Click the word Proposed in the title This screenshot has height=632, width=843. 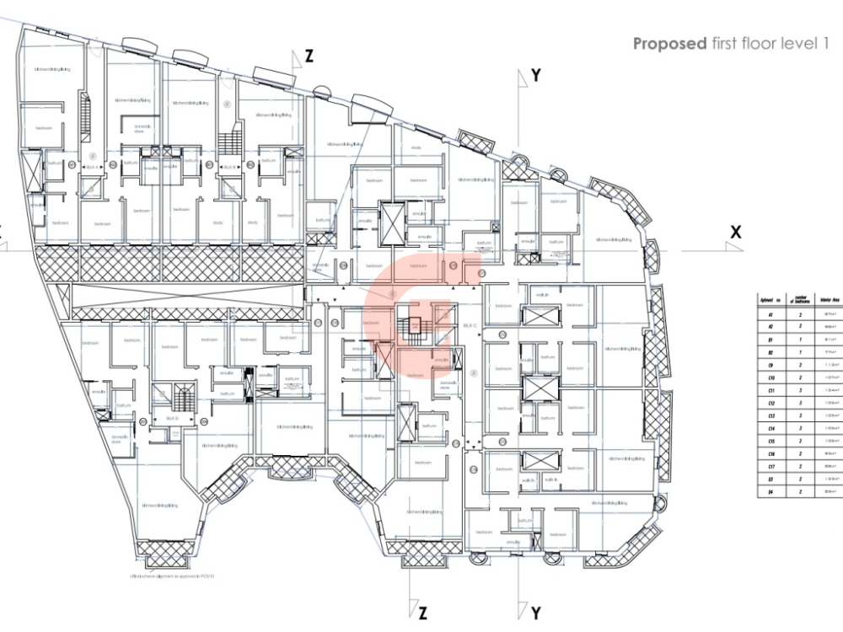pos(669,44)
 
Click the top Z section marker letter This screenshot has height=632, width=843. pos(309,56)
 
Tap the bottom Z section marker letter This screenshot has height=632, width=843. pos(421,612)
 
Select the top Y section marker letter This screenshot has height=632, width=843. pos(536,76)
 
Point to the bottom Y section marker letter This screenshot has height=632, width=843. pos(536,612)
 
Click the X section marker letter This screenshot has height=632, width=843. pos(736,233)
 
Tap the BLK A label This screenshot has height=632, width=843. pos(92,168)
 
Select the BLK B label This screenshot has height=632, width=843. pos(228,168)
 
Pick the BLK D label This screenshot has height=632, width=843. pos(173,419)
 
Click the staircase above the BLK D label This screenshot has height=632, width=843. pos(180,396)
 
